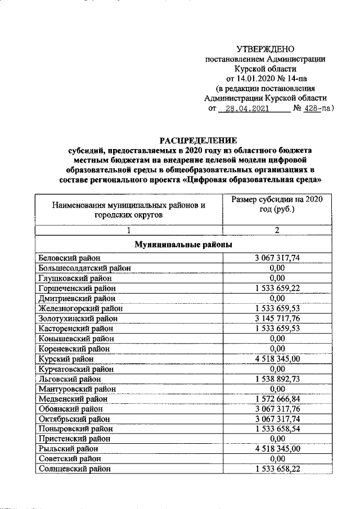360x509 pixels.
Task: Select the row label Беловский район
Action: point(69,258)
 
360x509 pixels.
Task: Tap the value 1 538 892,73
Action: point(276,379)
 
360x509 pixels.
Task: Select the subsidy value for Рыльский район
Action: point(276,449)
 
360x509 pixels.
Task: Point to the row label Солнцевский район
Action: point(73,469)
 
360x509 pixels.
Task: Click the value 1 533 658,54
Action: point(276,429)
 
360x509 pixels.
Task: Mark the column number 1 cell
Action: point(129,229)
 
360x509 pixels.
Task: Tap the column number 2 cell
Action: point(276,229)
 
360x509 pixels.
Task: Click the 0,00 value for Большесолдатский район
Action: point(276,268)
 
